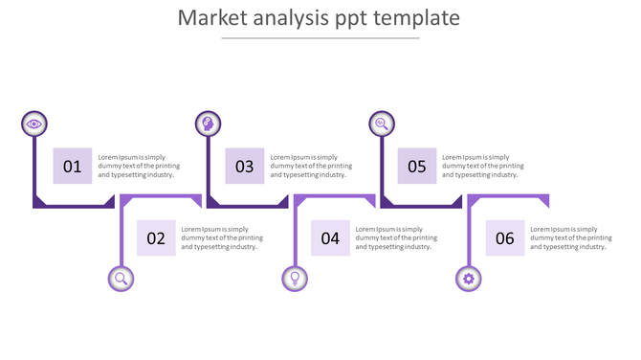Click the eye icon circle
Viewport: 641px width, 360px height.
coord(34,124)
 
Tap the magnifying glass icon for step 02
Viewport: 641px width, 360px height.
coord(122,279)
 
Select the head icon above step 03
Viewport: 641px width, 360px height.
coord(208,124)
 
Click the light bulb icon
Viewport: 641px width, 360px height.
coord(295,279)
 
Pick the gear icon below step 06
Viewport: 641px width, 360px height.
coord(468,279)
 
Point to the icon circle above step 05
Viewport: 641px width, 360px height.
coord(382,124)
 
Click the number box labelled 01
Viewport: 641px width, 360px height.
coord(73,167)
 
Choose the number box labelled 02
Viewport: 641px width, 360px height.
coord(156,238)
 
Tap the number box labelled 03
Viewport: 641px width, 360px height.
coord(245,167)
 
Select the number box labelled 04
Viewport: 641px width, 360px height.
coord(330,238)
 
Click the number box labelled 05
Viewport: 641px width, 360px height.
coord(417,167)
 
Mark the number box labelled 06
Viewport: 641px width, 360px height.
coord(505,238)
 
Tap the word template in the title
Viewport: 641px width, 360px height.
coord(416,18)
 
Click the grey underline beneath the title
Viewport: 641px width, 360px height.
coord(320,38)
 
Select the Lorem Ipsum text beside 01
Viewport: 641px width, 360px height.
coord(139,167)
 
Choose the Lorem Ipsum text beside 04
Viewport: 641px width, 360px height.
coord(396,238)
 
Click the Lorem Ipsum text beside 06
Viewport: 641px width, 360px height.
coord(570,238)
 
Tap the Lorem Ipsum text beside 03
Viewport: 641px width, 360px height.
coord(311,167)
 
